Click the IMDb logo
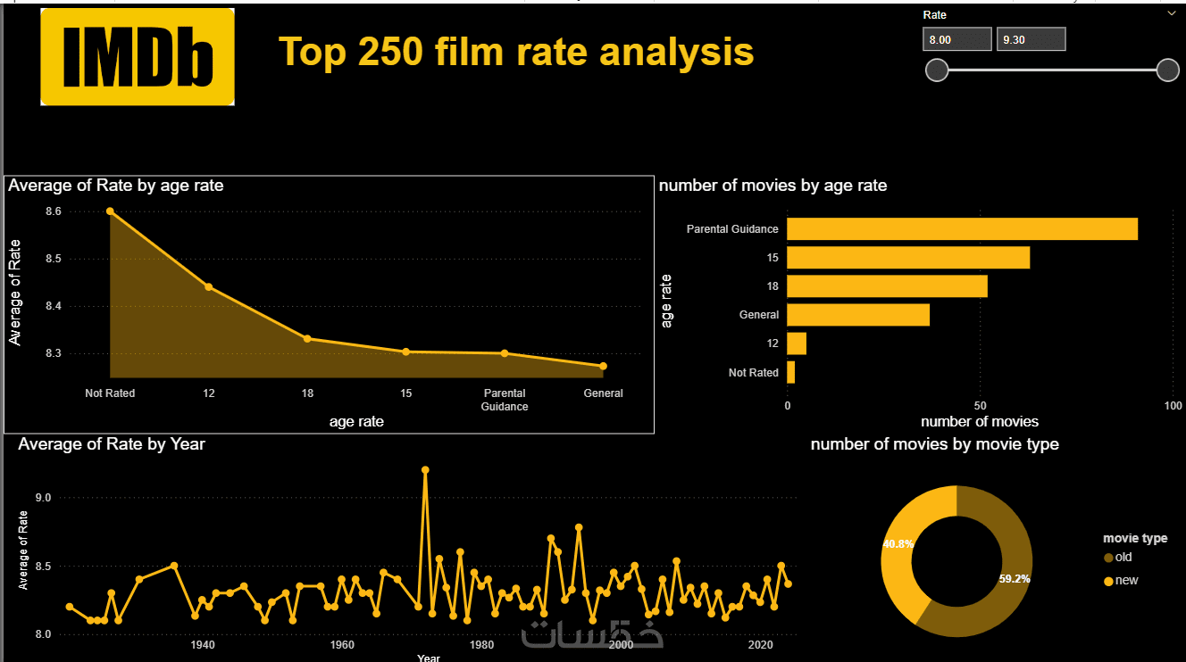pos(138,57)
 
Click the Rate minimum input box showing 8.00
pos(957,39)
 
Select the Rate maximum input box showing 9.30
pos(1031,39)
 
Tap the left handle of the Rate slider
pos(937,70)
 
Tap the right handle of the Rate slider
pos(1167,70)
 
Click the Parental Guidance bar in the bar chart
pos(962,228)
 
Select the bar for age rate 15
pos(908,257)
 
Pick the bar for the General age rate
pos(858,315)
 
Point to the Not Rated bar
pos(791,372)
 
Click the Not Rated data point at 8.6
pos(110,211)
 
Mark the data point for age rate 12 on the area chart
pos(209,286)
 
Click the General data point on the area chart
pos(604,366)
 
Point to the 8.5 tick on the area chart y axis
pos(53,259)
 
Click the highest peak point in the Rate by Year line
pos(425,469)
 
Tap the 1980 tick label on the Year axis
pos(481,645)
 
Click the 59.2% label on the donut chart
pos(1015,578)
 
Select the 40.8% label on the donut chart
pos(898,543)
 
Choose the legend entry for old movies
pos(1123,557)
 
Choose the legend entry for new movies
pos(1125,580)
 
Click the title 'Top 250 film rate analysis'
pos(516,52)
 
